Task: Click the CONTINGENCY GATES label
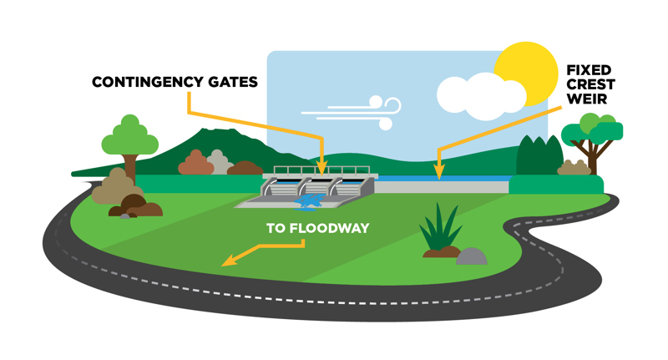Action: [175, 82]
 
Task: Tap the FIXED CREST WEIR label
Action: [590, 84]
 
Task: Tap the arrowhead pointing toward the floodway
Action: [227, 261]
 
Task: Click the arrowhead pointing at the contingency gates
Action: [322, 167]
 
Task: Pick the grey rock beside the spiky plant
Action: [472, 256]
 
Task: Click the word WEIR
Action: [590, 99]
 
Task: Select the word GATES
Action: [231, 82]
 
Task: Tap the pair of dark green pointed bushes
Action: [539, 155]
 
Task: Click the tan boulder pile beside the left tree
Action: [112, 189]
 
